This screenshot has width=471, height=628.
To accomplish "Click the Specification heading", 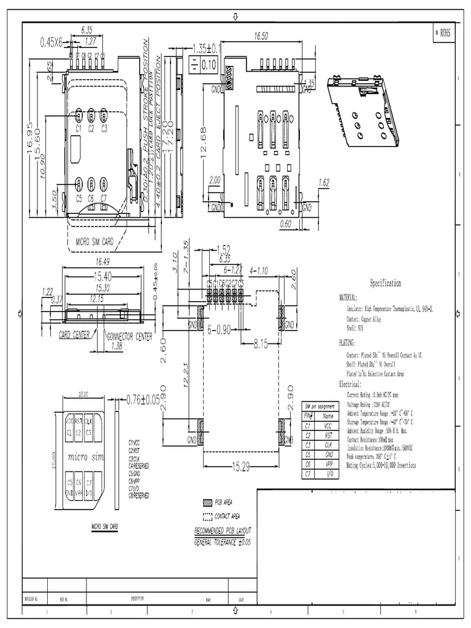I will (x=385, y=283).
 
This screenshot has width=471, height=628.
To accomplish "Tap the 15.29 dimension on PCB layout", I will (x=240, y=468).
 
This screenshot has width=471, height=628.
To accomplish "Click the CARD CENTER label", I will (x=74, y=335).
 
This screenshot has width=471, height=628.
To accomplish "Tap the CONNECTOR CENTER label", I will (x=129, y=336).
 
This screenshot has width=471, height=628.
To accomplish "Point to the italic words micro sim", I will (x=85, y=457).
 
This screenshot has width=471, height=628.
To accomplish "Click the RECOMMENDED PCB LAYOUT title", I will (x=222, y=530).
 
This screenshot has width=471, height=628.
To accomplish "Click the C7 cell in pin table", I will (x=309, y=474).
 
